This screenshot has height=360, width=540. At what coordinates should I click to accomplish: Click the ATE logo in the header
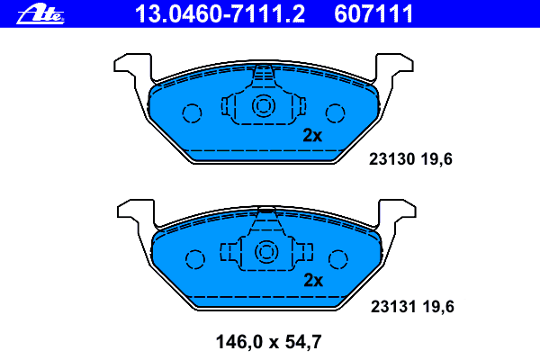tap(40, 15)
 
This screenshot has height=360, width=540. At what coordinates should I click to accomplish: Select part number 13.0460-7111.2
tap(220, 13)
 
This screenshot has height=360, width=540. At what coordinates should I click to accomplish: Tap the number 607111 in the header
tap(373, 13)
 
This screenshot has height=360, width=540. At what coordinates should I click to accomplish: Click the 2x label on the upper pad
tap(312, 135)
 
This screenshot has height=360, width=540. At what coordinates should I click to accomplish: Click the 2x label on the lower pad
tap(313, 281)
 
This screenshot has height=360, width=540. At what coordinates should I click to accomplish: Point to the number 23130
tap(391, 159)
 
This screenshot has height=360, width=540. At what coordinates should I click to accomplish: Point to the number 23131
tap(393, 306)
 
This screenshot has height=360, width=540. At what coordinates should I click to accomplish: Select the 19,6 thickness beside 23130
tap(436, 159)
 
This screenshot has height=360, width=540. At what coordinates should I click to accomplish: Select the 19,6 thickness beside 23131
tap(438, 307)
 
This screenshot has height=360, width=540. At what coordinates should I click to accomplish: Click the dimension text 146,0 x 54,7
tap(268, 342)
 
